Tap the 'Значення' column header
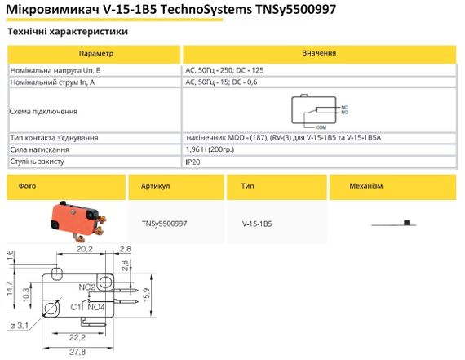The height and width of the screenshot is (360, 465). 319,52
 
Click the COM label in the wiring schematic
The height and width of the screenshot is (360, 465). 321,127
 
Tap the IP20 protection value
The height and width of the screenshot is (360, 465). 194,162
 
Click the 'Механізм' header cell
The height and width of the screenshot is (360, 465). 365,186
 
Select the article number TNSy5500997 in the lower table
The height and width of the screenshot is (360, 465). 165,222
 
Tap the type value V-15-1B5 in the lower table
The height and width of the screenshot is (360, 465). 257,222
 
